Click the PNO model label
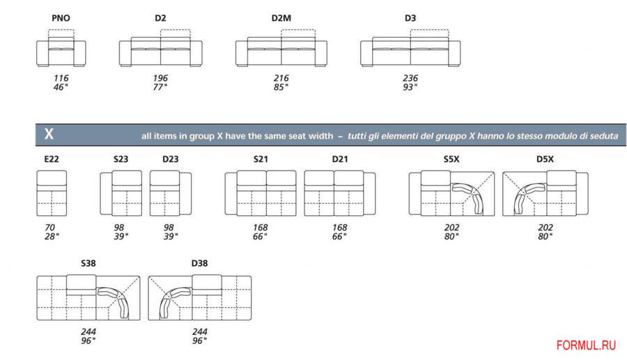click(61, 18)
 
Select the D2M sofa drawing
click(281, 48)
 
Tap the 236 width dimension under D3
click(410, 78)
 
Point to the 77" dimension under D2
click(160, 87)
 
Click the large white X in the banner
click(49, 134)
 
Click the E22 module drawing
click(52, 194)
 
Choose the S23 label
click(121, 159)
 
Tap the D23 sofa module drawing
click(171, 194)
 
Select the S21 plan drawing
click(261, 194)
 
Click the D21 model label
click(340, 159)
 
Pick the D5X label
click(545, 159)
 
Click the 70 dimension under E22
click(50, 228)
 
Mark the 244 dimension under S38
click(88, 332)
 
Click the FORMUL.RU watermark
click(586, 345)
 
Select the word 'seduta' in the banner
click(603, 136)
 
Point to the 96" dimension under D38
click(199, 341)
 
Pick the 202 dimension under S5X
click(452, 228)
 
